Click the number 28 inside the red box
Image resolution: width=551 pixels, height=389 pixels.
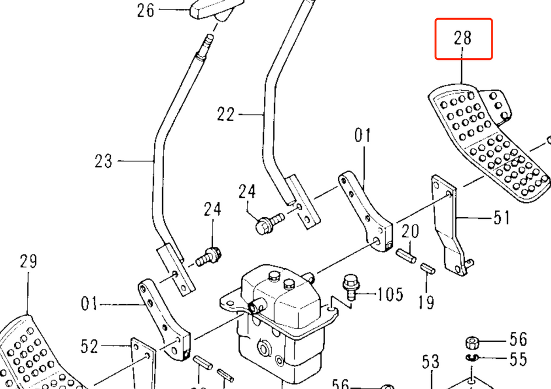coord(463,39)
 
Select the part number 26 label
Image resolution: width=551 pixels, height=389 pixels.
coord(146,10)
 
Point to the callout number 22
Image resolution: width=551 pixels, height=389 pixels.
coord(226,114)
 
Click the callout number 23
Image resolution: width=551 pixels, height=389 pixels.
coord(103,161)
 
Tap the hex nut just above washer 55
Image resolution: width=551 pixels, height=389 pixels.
coord(472,342)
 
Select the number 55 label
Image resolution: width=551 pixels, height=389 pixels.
coord(518,359)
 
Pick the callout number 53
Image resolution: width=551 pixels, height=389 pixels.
coord(431,362)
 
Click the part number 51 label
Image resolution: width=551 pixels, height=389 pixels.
coord(501,218)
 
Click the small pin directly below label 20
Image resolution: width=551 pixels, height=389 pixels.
coord(407,256)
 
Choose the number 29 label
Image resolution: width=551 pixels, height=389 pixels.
coord(28,261)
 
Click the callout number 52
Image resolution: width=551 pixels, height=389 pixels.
coord(89,347)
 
